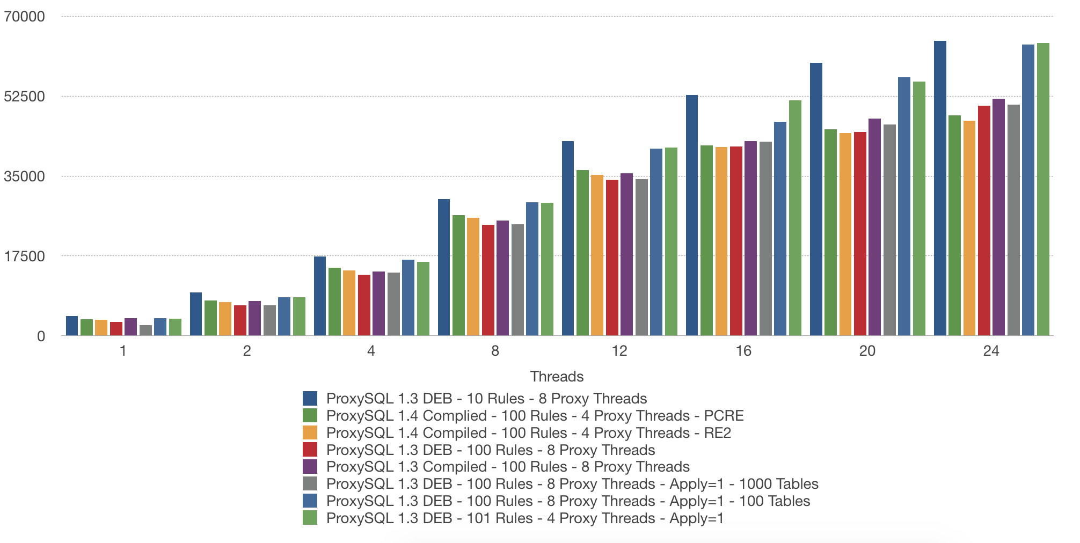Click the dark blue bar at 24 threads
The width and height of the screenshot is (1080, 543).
point(939,188)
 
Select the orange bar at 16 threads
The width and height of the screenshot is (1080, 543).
point(721,241)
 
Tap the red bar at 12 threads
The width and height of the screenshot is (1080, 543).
point(612,258)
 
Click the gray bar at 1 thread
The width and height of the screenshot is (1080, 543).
point(145,331)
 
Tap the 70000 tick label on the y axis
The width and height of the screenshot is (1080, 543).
point(25,17)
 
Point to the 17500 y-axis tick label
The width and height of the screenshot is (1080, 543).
point(25,256)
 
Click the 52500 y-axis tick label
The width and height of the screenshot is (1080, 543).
point(25,97)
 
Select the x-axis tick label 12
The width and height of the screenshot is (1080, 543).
point(619,351)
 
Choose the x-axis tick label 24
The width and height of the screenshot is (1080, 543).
point(991,351)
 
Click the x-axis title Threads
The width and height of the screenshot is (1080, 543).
point(557,376)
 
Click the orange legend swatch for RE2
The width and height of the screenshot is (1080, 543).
point(310,432)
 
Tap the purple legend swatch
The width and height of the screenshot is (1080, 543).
point(310,467)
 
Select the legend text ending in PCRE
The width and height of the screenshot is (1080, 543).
point(535,416)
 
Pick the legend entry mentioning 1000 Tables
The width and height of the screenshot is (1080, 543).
point(572,484)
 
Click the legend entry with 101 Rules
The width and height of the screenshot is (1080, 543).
point(525,518)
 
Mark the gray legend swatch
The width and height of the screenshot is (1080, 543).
point(310,484)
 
